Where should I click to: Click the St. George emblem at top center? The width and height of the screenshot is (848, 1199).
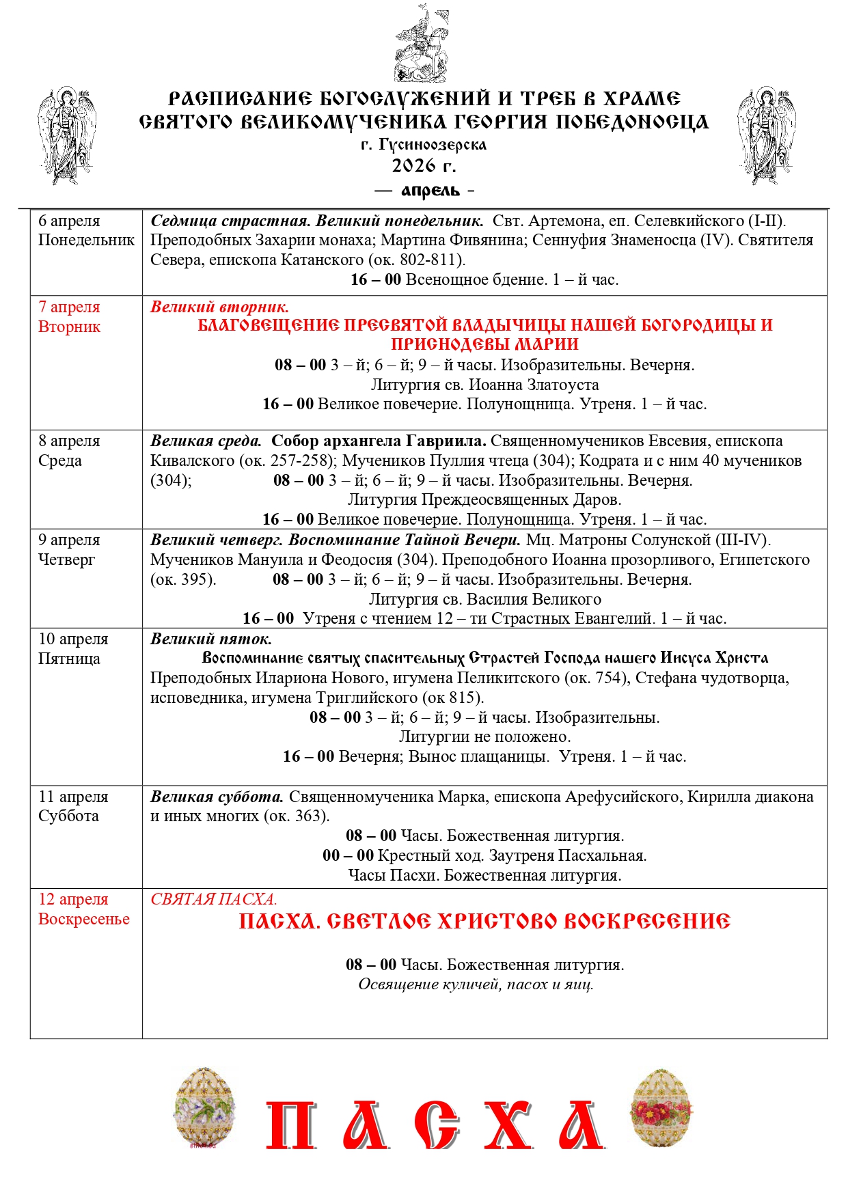(422, 44)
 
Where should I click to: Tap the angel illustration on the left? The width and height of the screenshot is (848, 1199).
(66, 135)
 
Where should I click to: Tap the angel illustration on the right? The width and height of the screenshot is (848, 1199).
(766, 135)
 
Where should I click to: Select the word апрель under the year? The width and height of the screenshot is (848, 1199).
(430, 191)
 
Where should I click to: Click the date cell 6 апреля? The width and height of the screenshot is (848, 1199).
(69, 221)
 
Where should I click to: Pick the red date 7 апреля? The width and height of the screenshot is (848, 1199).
(69, 307)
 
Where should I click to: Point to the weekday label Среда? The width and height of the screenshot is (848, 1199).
(60, 460)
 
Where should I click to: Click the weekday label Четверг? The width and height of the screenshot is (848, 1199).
(67, 560)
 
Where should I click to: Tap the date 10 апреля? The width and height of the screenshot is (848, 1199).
(73, 639)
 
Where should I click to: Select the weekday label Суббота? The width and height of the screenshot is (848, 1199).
(68, 816)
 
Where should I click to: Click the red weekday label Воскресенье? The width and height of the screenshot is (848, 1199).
(84, 919)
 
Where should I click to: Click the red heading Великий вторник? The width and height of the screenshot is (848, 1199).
(219, 307)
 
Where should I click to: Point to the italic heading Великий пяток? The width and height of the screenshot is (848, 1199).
(211, 639)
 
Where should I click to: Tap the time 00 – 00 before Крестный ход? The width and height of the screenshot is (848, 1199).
(348, 855)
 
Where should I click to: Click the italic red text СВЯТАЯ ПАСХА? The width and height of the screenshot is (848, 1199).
(213, 899)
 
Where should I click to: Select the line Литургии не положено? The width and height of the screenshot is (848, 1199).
(484, 736)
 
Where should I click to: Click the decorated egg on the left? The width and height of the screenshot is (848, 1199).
(204, 1108)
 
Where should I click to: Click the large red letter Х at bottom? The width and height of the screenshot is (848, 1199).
(508, 1125)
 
